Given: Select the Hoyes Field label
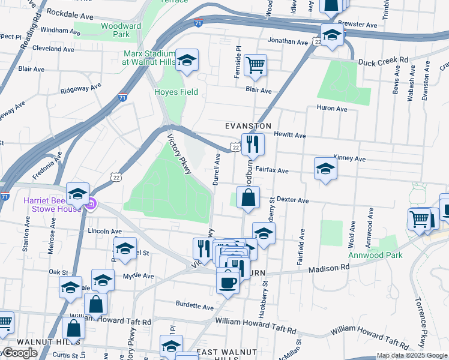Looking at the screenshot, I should pos(176,92).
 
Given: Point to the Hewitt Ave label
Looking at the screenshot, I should pos(290,136).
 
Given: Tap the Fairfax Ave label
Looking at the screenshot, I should pos(272,170).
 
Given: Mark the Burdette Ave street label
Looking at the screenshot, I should pos(194,307).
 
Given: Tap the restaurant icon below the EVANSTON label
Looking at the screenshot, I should pos(253,143).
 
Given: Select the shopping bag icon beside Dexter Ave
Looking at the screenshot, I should pos(248,197).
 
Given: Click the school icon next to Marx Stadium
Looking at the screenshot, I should pos(187,59).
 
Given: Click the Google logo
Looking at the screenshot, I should pos(20,353).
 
